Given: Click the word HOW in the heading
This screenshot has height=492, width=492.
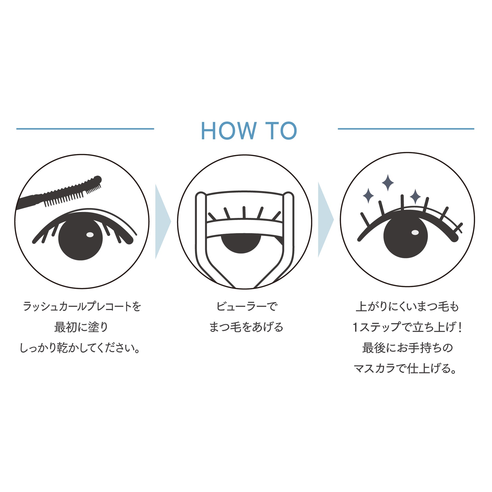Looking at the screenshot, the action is coord(229,131).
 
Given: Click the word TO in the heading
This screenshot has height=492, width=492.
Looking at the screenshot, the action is coord(281,131).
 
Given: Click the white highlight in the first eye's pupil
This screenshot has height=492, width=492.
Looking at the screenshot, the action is coord(90,235).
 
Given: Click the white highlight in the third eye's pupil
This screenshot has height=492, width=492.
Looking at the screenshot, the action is coord(415,233).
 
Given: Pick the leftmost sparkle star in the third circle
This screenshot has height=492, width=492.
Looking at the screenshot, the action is coord(368,196).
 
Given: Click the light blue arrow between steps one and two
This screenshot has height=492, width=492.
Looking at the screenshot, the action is coord(163,221).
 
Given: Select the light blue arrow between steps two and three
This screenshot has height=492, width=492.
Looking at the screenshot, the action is coord(326,219).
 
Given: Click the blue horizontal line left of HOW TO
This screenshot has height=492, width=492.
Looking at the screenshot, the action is coord(85,129).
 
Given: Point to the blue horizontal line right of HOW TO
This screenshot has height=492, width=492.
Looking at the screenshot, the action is coord(406,129).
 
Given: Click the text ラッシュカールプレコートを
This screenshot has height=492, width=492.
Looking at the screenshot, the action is coord(82,306).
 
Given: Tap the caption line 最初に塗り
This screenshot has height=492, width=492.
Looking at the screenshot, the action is coord(81,327).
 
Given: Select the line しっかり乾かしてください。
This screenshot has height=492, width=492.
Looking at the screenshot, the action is coord(80,348).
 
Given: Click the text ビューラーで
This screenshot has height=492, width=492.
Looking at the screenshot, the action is coord(246,306).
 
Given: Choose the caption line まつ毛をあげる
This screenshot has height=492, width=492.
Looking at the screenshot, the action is coord(246,327).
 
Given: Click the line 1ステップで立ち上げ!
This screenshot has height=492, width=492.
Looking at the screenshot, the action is coord(407,327).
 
